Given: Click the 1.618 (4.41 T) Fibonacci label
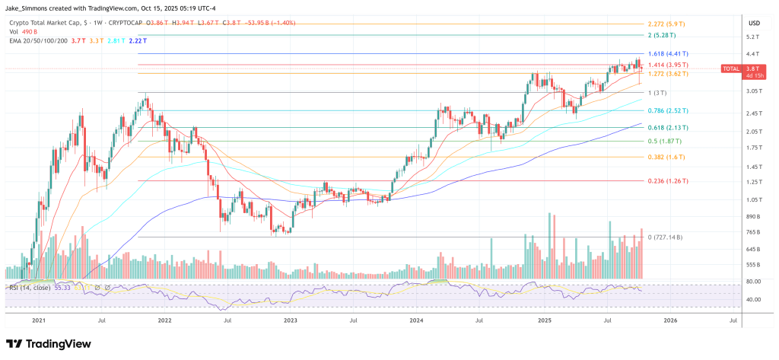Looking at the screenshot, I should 667,54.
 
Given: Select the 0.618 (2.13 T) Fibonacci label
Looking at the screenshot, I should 667,128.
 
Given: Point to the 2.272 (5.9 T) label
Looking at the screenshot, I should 666,23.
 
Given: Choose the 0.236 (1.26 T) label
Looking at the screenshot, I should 667,181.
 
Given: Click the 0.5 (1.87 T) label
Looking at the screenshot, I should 664,142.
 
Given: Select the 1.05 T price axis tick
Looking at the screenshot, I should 753,199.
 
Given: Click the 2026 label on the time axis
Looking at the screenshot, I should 669,320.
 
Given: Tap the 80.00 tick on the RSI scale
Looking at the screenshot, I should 752,282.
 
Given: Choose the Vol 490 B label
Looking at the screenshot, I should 23,33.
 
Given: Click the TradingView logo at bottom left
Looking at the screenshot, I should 49,343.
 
